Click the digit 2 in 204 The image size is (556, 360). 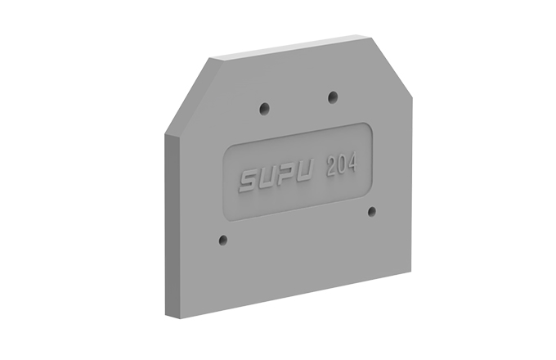(331, 166)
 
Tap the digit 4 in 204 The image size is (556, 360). (351, 163)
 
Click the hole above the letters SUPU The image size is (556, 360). (265, 108)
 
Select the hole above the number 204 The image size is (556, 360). (333, 97)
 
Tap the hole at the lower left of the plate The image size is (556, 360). (223, 240)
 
